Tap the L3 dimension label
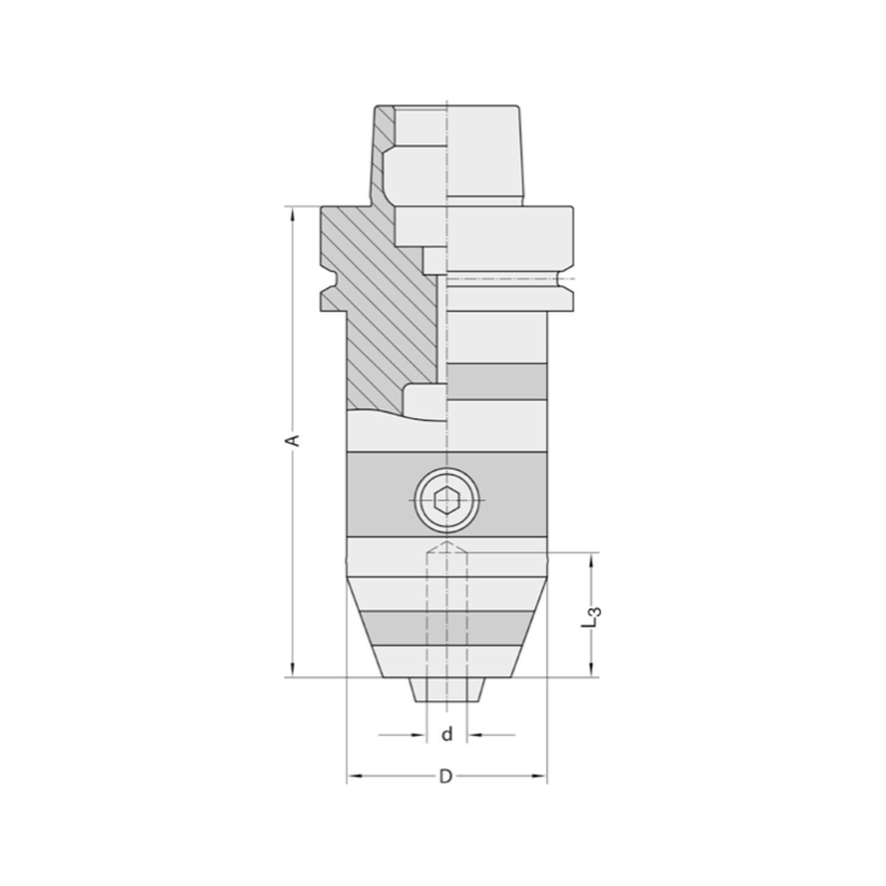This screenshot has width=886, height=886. [x=595, y=616]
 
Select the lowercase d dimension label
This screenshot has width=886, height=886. [x=447, y=734]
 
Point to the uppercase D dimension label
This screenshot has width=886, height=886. [x=447, y=777]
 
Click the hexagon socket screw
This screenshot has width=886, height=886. [x=447, y=501]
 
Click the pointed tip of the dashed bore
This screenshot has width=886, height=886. [x=447, y=542]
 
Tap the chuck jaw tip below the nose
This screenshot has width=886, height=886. [x=447, y=691]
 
